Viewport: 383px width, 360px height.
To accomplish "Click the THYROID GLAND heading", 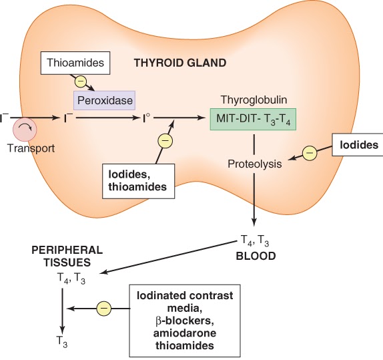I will tap(180, 63).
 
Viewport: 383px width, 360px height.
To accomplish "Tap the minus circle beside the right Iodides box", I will tap(310, 154).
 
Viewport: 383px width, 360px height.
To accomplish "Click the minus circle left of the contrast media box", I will tap(103, 309).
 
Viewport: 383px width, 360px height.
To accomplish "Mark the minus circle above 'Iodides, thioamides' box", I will tap(163, 141).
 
